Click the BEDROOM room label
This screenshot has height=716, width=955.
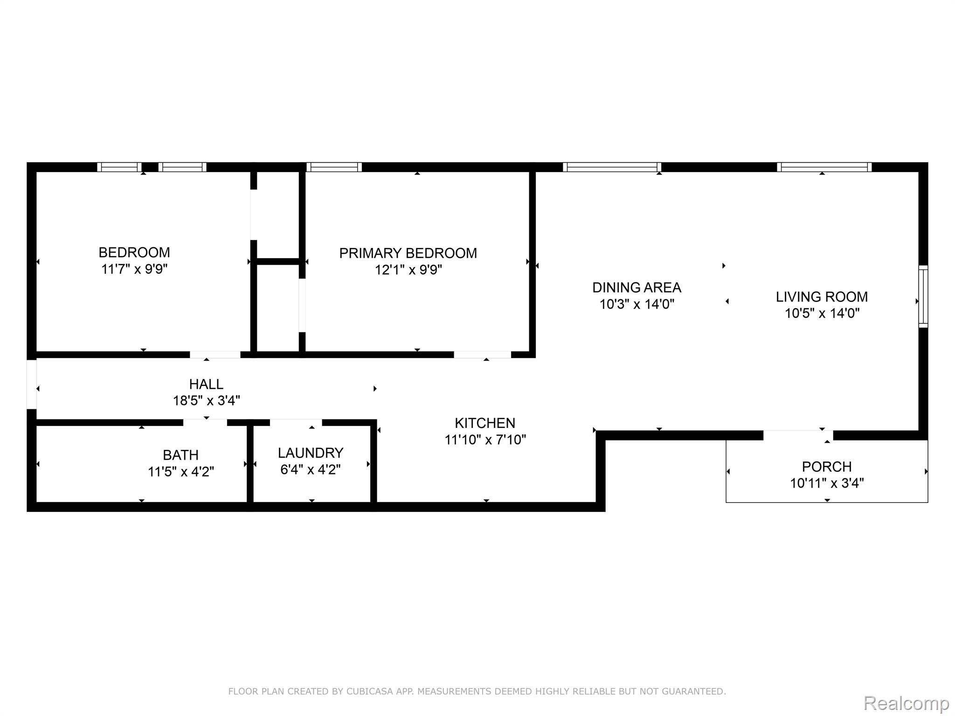pos(134,252)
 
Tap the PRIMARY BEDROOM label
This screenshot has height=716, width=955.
pos(408,253)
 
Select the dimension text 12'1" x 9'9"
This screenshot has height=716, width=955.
pos(408,269)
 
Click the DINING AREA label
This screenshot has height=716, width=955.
pos(637,287)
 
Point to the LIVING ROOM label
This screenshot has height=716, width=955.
pos(822,296)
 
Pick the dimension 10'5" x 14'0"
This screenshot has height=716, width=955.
pos(822,313)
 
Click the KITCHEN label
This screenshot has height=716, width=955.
pos(485,423)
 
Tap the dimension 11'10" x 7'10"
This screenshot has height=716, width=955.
pos(485,440)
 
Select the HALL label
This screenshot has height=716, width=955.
pos(206,384)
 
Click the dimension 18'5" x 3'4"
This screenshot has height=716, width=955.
pos(206,400)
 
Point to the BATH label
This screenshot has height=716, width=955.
pos(180,455)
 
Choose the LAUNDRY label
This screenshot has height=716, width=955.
pos(311,453)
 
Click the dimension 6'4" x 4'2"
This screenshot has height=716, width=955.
pos(311,469)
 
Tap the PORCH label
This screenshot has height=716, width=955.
pos(827,467)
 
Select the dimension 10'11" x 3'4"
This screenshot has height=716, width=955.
pos(827,483)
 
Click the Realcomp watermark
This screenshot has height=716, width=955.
pos(907,702)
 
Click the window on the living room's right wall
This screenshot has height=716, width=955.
pos(923,296)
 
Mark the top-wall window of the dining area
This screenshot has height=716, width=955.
pos(612,167)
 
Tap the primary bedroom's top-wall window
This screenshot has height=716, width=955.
pos(334,167)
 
